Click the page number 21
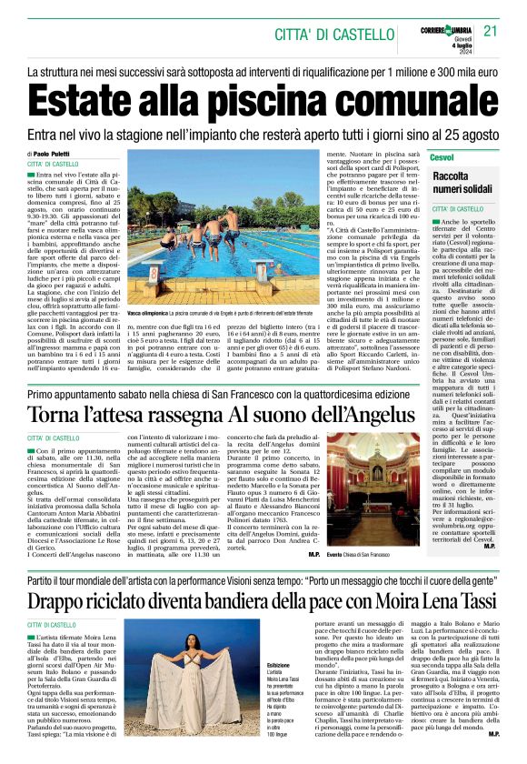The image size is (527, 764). pos(492,32)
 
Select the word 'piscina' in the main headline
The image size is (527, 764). pos(298,99)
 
